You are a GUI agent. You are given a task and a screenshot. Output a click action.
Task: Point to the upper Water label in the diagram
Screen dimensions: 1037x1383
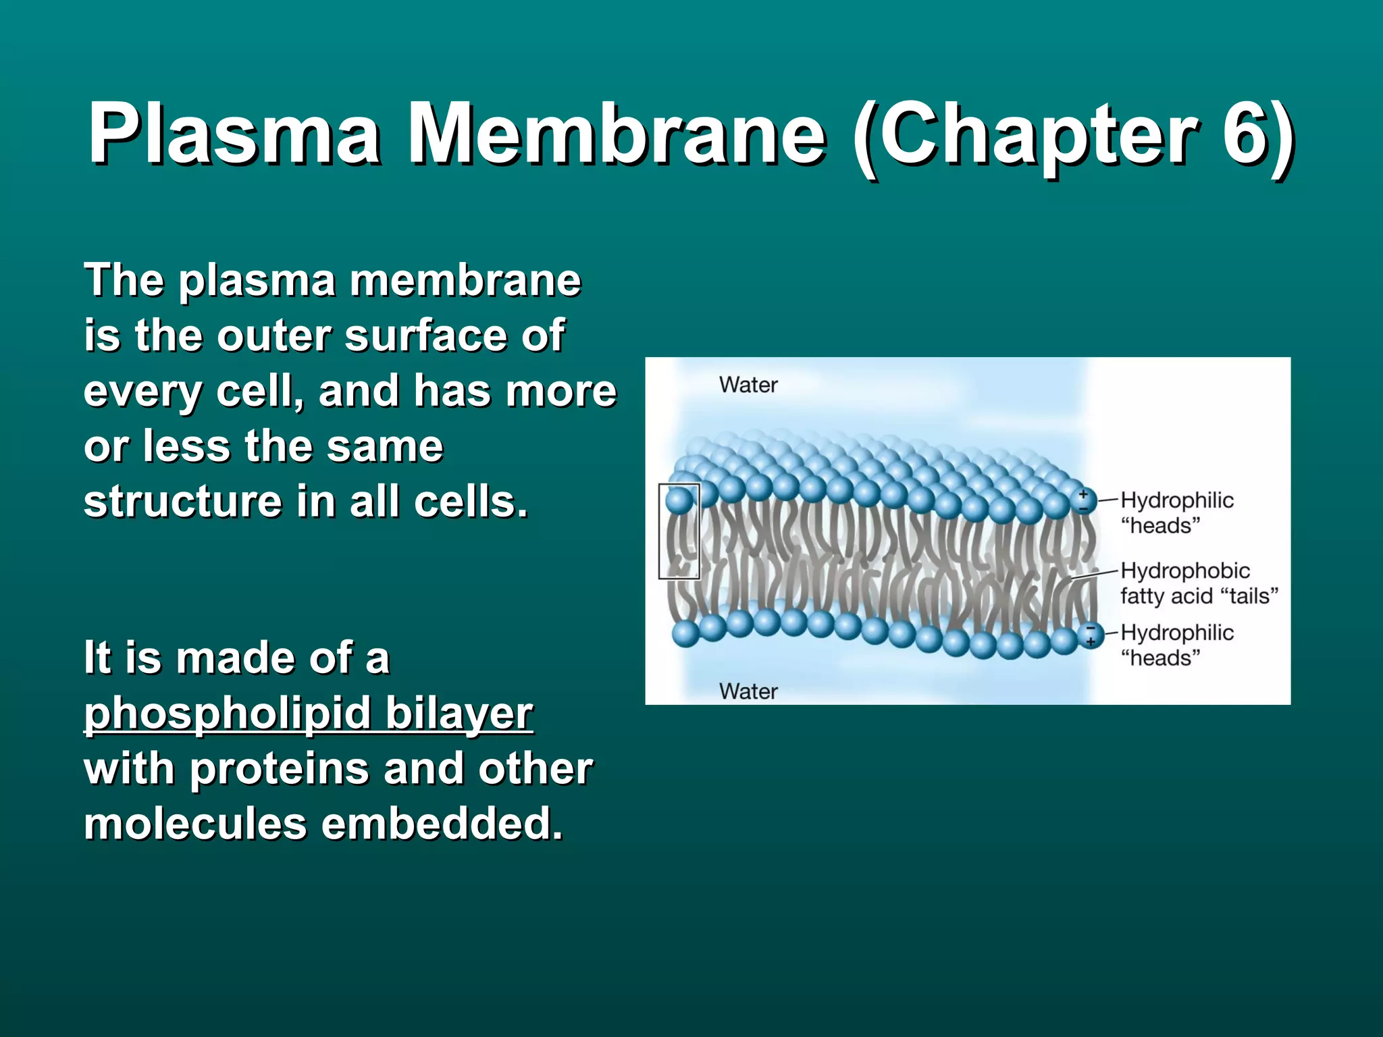748,385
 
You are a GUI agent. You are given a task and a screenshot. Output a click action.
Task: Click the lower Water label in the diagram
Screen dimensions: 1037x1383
748,691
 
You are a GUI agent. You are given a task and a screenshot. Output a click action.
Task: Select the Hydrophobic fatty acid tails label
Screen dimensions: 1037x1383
1199,583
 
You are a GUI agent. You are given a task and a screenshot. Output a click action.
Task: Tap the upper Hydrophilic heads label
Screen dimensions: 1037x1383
1176,512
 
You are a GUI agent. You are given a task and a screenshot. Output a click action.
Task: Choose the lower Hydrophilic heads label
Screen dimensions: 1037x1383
1176,645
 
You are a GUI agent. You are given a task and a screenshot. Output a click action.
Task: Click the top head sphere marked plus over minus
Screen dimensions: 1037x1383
1083,501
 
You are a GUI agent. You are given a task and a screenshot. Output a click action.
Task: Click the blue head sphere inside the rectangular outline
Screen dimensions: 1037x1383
679,500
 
